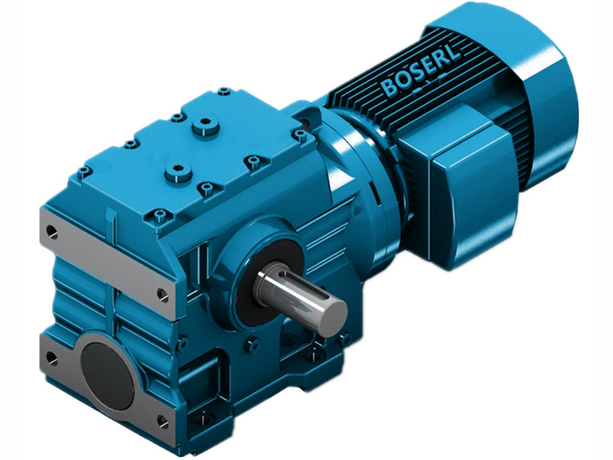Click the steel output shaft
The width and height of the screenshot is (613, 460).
click(299, 294)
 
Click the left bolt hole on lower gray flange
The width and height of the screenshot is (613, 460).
click(51, 356)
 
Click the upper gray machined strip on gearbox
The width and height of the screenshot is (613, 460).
click(107, 261)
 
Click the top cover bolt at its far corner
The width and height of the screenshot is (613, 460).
click(223, 92)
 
